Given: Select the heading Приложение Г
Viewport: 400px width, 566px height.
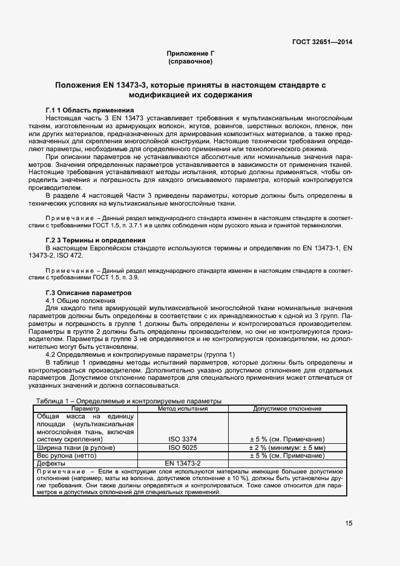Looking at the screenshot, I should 191,54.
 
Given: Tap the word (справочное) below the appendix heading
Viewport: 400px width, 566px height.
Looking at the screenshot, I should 191,62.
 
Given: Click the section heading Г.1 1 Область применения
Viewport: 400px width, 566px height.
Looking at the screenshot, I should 90,110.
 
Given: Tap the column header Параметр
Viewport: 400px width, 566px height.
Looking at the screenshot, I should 85,409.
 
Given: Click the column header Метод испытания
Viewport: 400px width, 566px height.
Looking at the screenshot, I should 183,409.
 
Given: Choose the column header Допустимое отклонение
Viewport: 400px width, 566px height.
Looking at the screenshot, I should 287,409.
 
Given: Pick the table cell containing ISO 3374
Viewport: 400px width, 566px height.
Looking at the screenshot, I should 183,439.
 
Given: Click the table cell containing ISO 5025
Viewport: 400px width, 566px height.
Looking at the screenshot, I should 183,447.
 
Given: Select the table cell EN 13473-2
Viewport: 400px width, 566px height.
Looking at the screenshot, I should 183,463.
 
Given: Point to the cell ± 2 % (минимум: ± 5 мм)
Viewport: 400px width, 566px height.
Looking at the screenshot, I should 287,447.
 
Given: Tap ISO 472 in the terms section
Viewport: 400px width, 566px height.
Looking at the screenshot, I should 71,256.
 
